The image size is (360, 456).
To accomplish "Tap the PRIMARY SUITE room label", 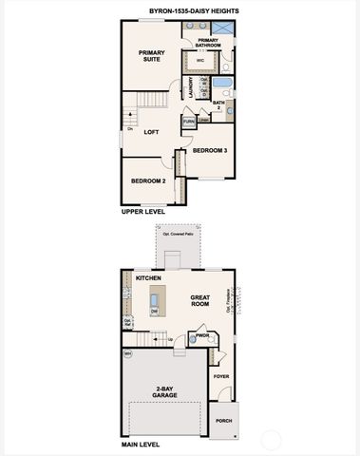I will tap(151, 56).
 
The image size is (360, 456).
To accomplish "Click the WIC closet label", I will tap(200, 61).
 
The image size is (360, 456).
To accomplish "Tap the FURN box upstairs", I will tap(189, 122).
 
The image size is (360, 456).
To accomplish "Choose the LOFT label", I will tap(151, 132).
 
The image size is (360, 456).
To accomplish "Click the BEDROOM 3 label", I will tap(210, 150).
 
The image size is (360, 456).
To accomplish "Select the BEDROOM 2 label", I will tap(148, 180).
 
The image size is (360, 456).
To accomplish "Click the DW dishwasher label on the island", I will tap(154, 311).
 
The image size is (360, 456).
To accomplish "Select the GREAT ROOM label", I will tap(199, 299).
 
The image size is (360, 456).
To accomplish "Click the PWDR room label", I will tap(202, 334).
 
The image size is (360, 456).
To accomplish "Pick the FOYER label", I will tap(220, 376).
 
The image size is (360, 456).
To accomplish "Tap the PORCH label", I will tap(223, 420).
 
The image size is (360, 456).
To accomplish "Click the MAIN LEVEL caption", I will tap(142, 444).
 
